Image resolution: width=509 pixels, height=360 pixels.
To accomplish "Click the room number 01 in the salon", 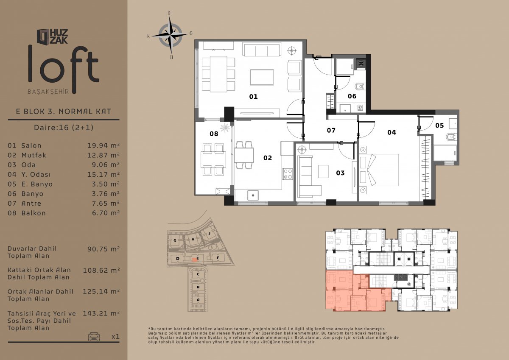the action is [253, 97].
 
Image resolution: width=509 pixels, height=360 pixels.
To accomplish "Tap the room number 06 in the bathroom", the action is [352, 96].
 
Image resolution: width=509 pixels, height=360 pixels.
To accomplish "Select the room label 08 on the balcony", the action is [214, 134].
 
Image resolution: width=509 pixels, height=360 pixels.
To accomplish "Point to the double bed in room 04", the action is [379, 170].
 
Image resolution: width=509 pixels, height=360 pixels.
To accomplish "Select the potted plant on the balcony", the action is [225, 128].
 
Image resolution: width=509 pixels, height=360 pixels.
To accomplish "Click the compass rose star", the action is [170, 35].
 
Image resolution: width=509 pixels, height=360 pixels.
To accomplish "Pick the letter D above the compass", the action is [169, 13].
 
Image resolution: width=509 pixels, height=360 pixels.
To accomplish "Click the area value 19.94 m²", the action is [103, 145].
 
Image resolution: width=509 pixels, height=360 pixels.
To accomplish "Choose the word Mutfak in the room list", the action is [34, 155].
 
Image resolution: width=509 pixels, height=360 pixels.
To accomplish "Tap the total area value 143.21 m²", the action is [101, 313].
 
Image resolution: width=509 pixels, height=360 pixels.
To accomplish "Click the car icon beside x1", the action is [94, 337].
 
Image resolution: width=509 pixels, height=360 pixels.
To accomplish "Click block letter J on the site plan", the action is [209, 233].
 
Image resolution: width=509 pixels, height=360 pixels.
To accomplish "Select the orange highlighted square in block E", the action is [194, 260].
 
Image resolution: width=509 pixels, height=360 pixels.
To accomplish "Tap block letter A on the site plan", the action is [198, 300].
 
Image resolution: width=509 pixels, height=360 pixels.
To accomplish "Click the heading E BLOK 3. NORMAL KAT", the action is [64, 112].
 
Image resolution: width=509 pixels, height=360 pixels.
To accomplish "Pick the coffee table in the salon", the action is [262, 77].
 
